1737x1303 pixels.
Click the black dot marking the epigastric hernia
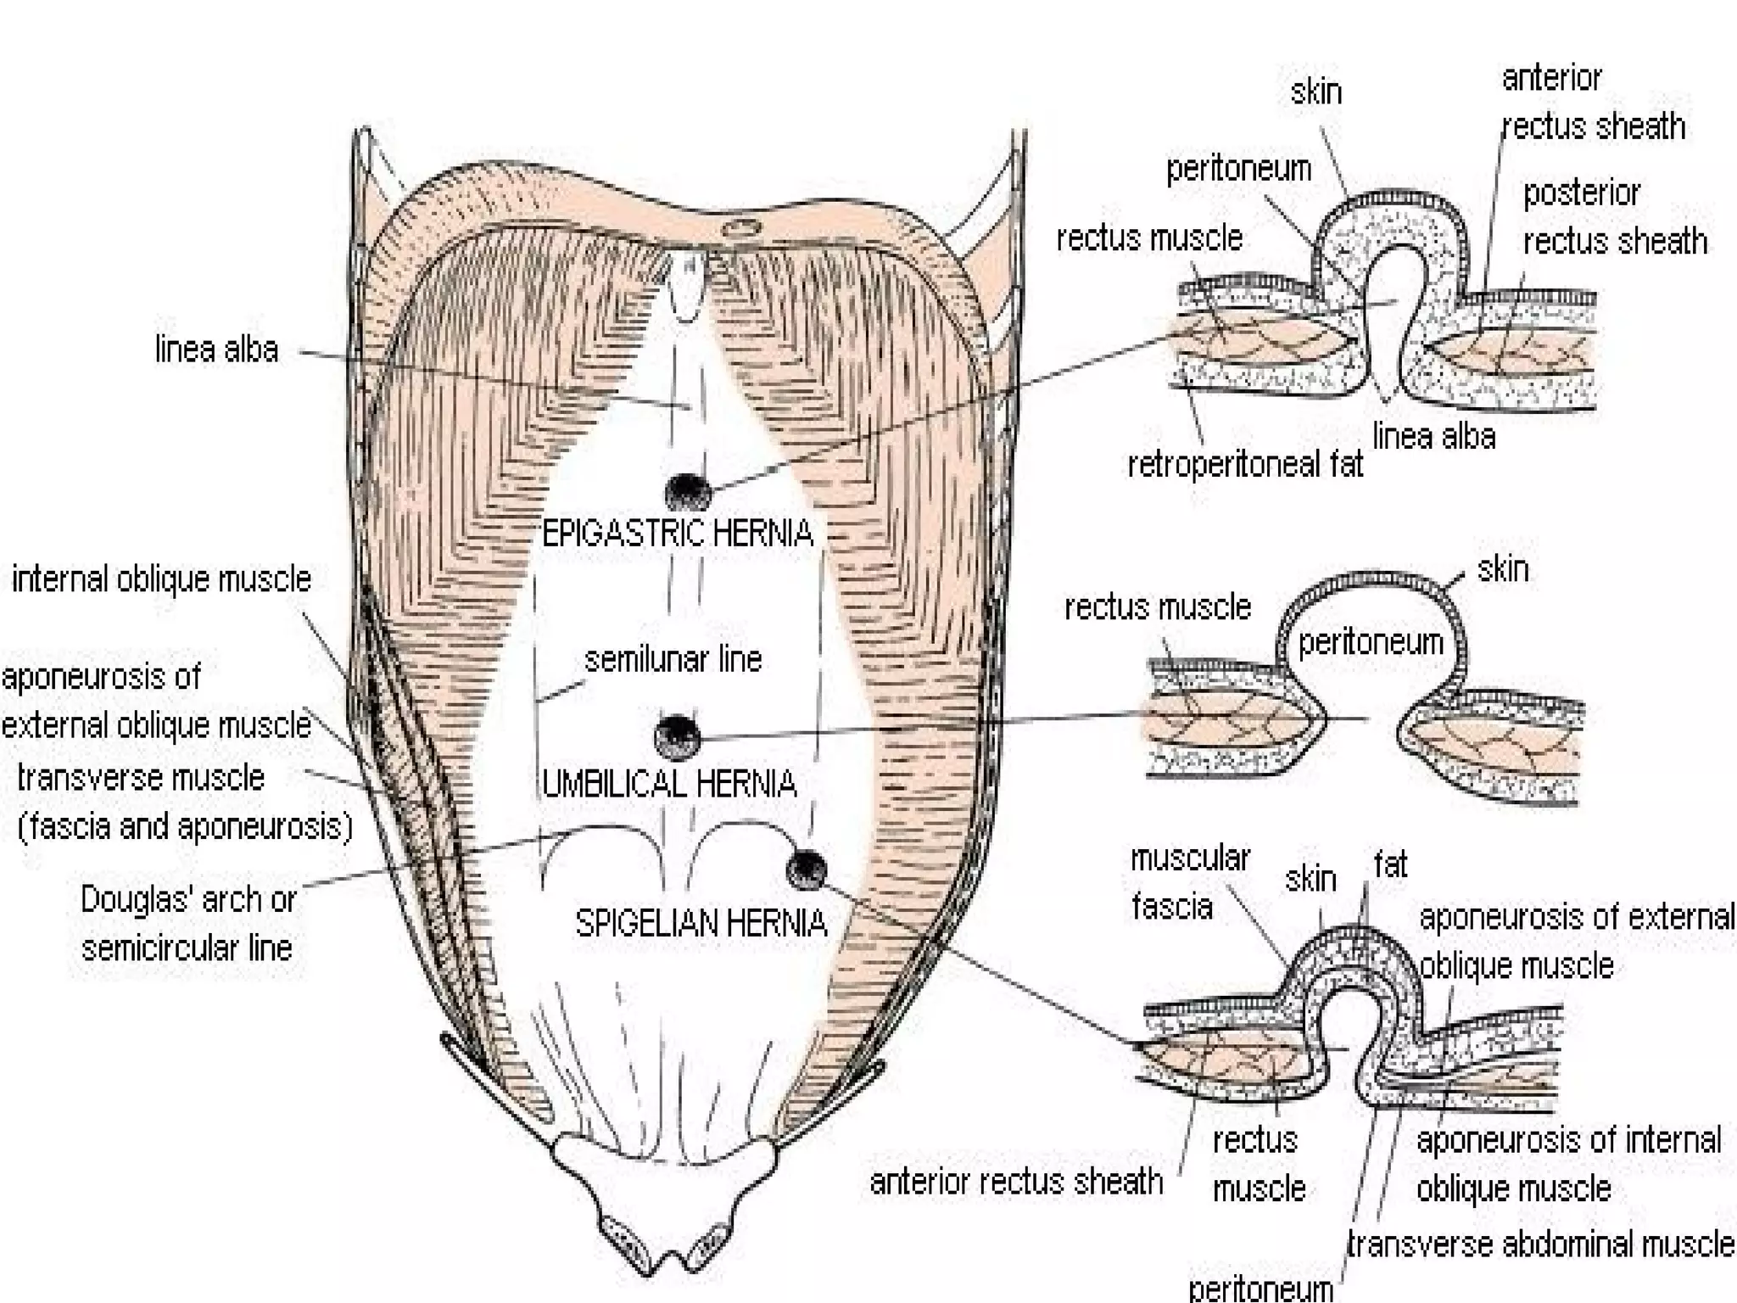688,491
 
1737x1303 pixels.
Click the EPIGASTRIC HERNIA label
677,534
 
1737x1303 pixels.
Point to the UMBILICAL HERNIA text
669,784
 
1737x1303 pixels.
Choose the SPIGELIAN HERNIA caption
701,923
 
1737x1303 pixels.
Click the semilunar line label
673,659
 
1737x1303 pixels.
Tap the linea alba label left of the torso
216,350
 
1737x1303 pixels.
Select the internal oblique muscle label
161,579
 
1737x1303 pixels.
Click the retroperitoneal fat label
1245,464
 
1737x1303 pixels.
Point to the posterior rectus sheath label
1614,217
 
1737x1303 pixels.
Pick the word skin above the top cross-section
1315,92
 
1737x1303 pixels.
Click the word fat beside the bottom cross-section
1390,865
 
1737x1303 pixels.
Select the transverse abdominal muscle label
1540,1244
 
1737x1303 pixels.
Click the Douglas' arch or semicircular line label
187,923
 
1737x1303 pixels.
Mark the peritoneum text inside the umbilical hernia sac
1371,642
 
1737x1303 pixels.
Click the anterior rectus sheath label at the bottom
1016,1181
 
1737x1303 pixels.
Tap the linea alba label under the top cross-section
1433,436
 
